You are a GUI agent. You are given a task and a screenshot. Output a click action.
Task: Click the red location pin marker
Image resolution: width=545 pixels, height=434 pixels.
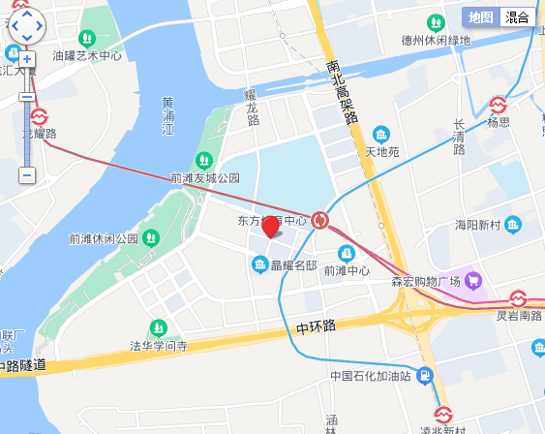tap(271, 228)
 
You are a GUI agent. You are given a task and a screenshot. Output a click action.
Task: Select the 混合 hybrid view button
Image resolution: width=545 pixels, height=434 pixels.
tap(518, 16)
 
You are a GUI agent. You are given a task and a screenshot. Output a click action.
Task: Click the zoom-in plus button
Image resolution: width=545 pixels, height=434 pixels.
tap(27, 59)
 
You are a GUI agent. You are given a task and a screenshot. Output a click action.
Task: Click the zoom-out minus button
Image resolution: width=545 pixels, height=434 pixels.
tap(27, 175)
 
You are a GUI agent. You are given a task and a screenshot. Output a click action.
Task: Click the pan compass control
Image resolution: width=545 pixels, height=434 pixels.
tap(26, 26)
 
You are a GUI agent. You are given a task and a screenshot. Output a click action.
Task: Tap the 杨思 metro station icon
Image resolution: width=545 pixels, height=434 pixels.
tap(499, 104)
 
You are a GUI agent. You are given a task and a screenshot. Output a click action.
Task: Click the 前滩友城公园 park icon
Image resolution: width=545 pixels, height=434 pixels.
tap(203, 160)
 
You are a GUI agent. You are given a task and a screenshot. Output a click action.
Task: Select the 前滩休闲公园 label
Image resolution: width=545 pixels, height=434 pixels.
tap(104, 238)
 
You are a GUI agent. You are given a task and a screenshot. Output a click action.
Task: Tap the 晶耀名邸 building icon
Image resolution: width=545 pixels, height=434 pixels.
tap(259, 264)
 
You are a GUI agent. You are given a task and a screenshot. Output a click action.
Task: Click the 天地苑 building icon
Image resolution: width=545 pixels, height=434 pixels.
tap(381, 134)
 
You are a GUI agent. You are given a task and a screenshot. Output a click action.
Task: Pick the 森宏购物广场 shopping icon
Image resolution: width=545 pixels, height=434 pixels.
tap(473, 281)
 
